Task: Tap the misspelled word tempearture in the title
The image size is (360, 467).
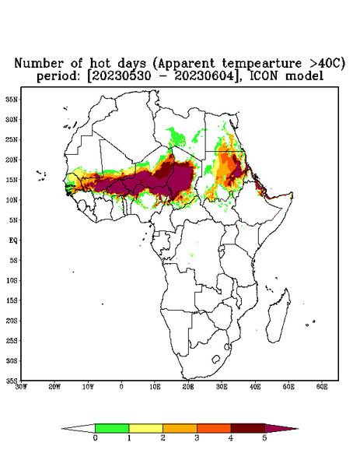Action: pyautogui.click(x=262, y=64)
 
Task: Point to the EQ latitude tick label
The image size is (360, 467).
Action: pyautogui.click(x=13, y=240)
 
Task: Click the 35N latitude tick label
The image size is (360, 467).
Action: pyautogui.click(x=12, y=99)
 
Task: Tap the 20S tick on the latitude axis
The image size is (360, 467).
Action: pyautogui.click(x=12, y=321)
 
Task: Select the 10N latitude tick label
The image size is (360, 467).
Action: pyautogui.click(x=12, y=200)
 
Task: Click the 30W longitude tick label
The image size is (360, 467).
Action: pyautogui.click(x=21, y=387)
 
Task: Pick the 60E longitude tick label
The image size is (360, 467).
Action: pyautogui.click(x=322, y=387)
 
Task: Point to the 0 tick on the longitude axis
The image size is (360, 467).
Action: pyautogui.click(x=121, y=387)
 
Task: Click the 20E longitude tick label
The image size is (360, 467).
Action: pyautogui.click(x=188, y=387)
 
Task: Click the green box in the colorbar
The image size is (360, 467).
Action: pyautogui.click(x=112, y=428)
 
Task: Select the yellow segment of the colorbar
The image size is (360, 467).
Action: pyautogui.click(x=145, y=428)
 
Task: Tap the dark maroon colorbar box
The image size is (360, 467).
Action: pyautogui.click(x=248, y=428)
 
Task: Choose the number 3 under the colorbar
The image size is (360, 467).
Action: pyautogui.click(x=197, y=438)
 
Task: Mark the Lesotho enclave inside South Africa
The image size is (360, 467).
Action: pyautogui.click(x=216, y=359)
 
